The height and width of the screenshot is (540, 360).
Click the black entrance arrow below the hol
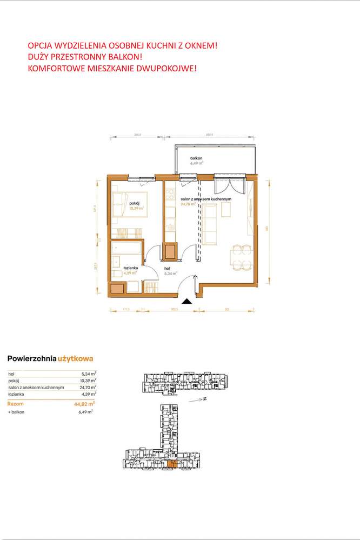coord(186,301)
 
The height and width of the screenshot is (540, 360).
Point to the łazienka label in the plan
coord(130,268)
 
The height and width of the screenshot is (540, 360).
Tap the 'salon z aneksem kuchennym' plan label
coord(206,199)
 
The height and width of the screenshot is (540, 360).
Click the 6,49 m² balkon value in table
coord(85,412)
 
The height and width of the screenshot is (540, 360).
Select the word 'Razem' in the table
coord(16,403)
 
